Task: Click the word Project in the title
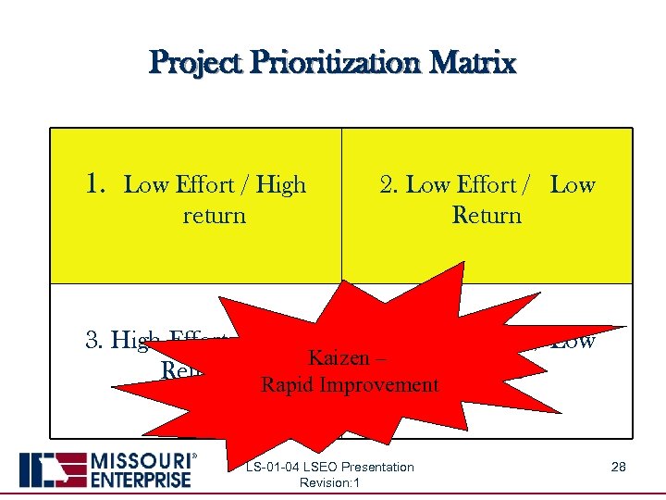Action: tap(194, 63)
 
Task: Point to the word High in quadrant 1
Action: tap(281, 185)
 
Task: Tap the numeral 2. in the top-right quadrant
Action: tap(389, 185)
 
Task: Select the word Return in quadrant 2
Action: tap(487, 216)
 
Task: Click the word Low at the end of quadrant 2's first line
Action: tap(573, 185)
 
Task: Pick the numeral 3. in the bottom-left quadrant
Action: tap(94, 341)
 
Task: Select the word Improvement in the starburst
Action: tap(378, 385)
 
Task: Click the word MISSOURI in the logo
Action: tap(140, 461)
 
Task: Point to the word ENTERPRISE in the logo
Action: tap(141, 479)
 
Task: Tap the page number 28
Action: tap(618, 467)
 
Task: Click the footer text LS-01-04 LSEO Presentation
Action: tap(330, 467)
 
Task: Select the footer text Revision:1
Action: tap(330, 482)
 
